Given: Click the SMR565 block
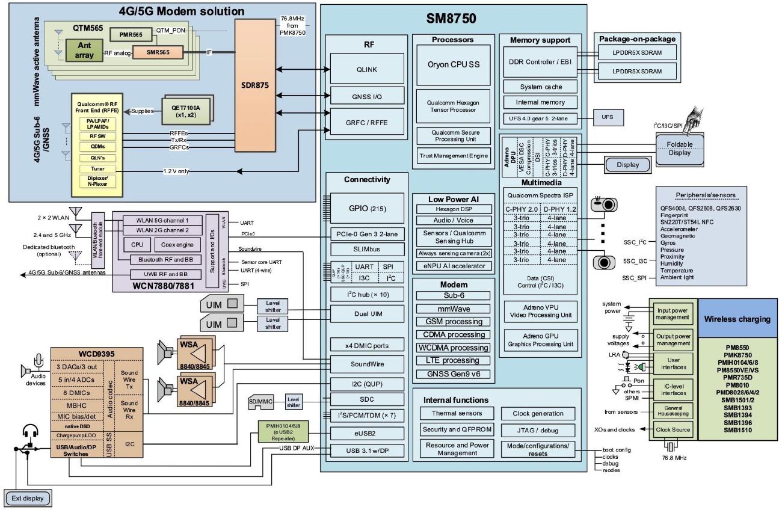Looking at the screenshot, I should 158,53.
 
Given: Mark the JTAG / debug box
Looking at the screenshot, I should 538,430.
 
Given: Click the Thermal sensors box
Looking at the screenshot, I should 456,413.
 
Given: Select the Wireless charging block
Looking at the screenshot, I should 737,319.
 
